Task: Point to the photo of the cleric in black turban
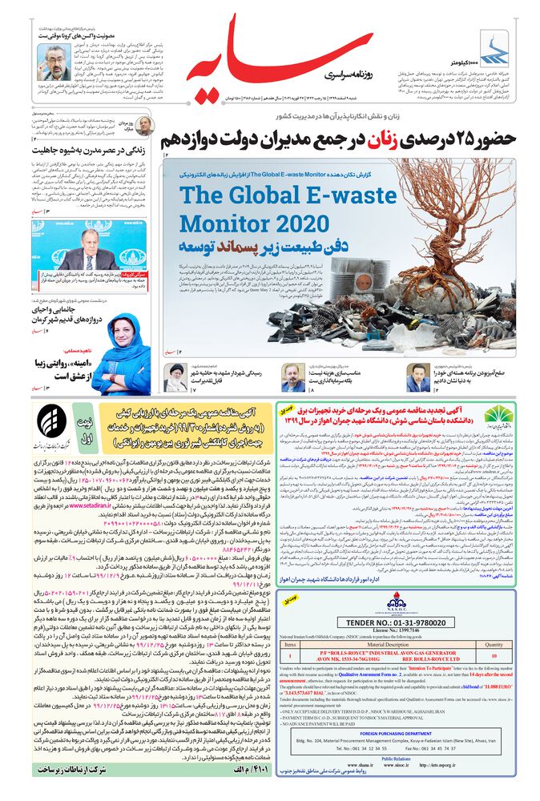click(x=175, y=376)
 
